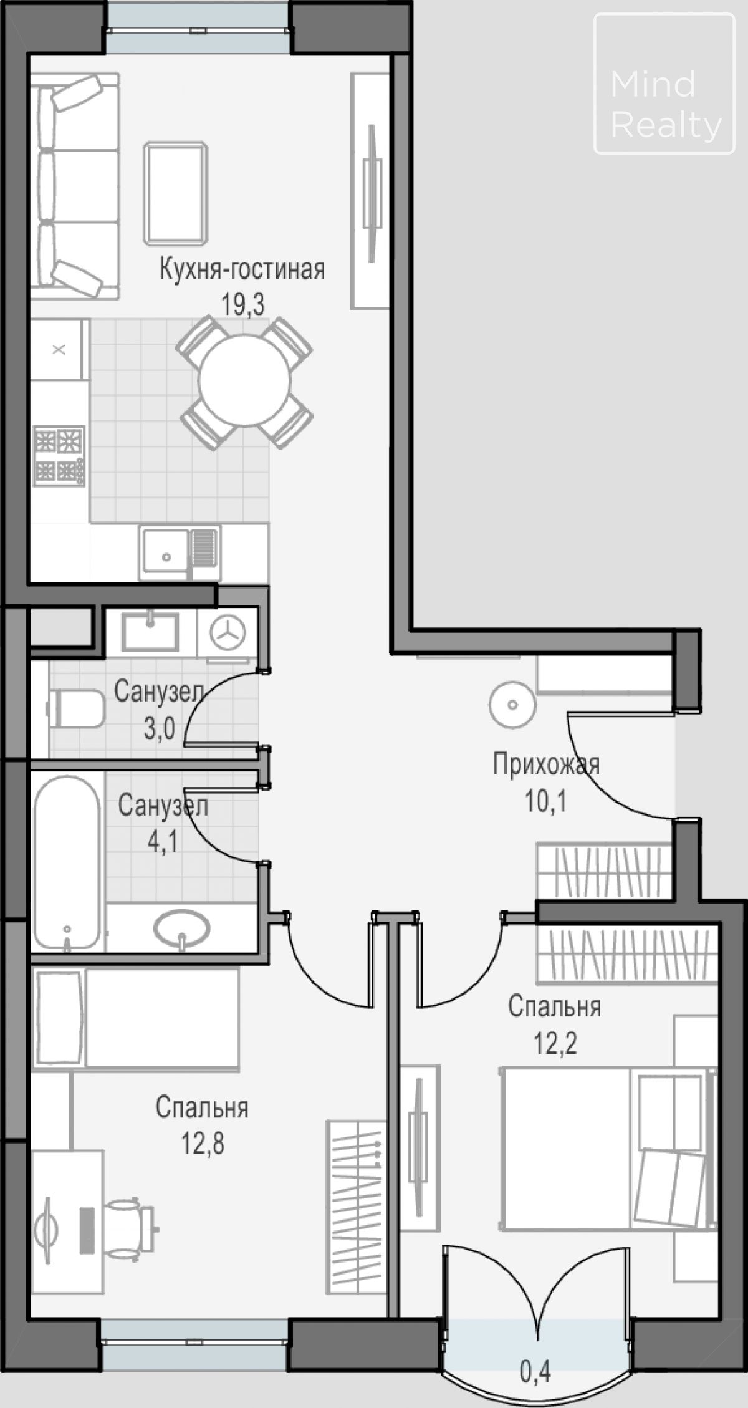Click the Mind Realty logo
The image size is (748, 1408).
(x=664, y=84)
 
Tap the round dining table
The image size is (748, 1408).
(x=244, y=380)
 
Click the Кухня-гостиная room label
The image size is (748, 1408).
(x=242, y=270)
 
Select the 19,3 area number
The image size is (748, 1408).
(x=242, y=306)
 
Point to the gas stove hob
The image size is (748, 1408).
(x=59, y=455)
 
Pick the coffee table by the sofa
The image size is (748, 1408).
(x=176, y=193)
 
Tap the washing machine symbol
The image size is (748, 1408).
(x=227, y=633)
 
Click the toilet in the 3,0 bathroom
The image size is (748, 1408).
(x=76, y=708)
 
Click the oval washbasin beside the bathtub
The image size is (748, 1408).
(x=181, y=930)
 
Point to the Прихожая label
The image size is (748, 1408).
(x=546, y=764)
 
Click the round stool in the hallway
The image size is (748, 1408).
(x=512, y=705)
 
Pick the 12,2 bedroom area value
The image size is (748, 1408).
(x=555, y=1043)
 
